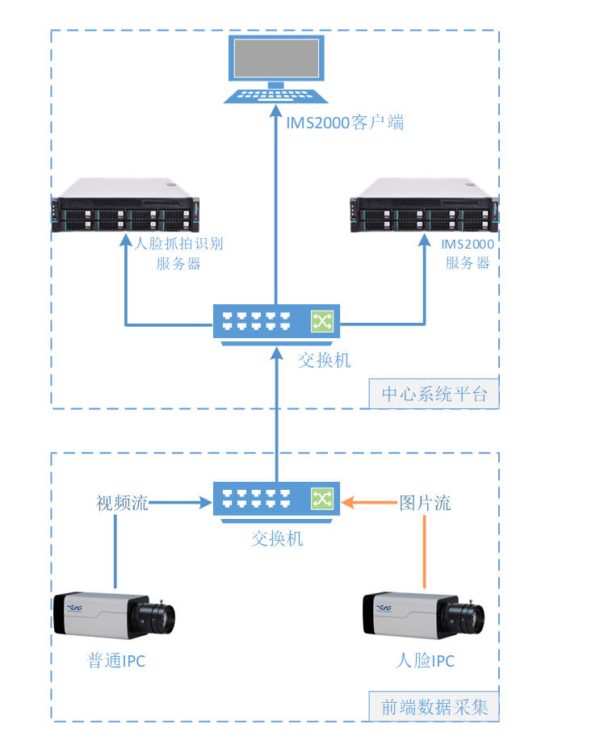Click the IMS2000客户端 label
[x=345, y=123]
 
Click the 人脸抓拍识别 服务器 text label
[x=178, y=253]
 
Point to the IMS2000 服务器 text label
[x=468, y=253]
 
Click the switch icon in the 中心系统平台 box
[x=276, y=322]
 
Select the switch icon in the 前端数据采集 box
[x=276, y=499]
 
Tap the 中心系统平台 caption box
[x=434, y=395]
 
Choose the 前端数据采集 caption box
[x=434, y=708]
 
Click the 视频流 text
[x=122, y=504]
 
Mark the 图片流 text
[x=425, y=504]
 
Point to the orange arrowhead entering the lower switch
[x=347, y=504]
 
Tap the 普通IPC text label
[x=116, y=661]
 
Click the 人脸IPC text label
[x=425, y=661]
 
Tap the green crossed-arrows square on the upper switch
[x=322, y=322]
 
